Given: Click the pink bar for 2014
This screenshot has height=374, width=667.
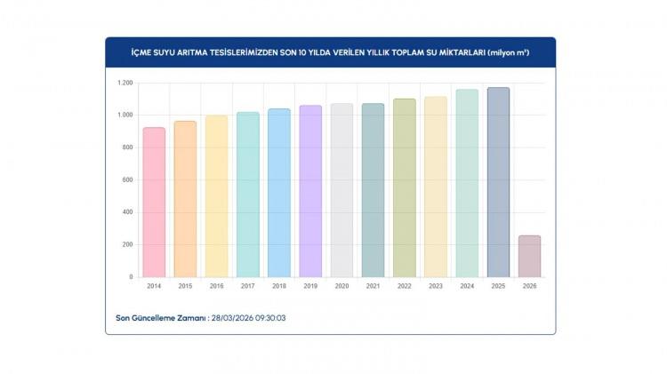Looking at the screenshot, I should click(154, 202).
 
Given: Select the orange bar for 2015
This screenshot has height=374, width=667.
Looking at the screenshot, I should click(185, 199).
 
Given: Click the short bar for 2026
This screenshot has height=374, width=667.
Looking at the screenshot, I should click(529, 256).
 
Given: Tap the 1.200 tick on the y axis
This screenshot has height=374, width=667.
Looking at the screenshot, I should click(124, 83).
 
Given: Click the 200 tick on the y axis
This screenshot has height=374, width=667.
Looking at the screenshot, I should click(127, 244).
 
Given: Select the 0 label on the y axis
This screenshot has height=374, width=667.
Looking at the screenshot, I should click(131, 277).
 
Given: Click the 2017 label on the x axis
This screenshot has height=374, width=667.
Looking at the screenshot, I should click(248, 286).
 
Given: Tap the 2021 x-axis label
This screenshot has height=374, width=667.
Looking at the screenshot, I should click(374, 286).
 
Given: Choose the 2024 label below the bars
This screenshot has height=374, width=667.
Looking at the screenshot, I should click(467, 286).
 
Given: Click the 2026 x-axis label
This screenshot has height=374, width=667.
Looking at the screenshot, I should click(529, 286).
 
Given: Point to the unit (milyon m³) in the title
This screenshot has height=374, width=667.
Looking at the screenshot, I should click(509, 52).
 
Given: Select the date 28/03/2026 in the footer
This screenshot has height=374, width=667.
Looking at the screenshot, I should click(229, 317).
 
